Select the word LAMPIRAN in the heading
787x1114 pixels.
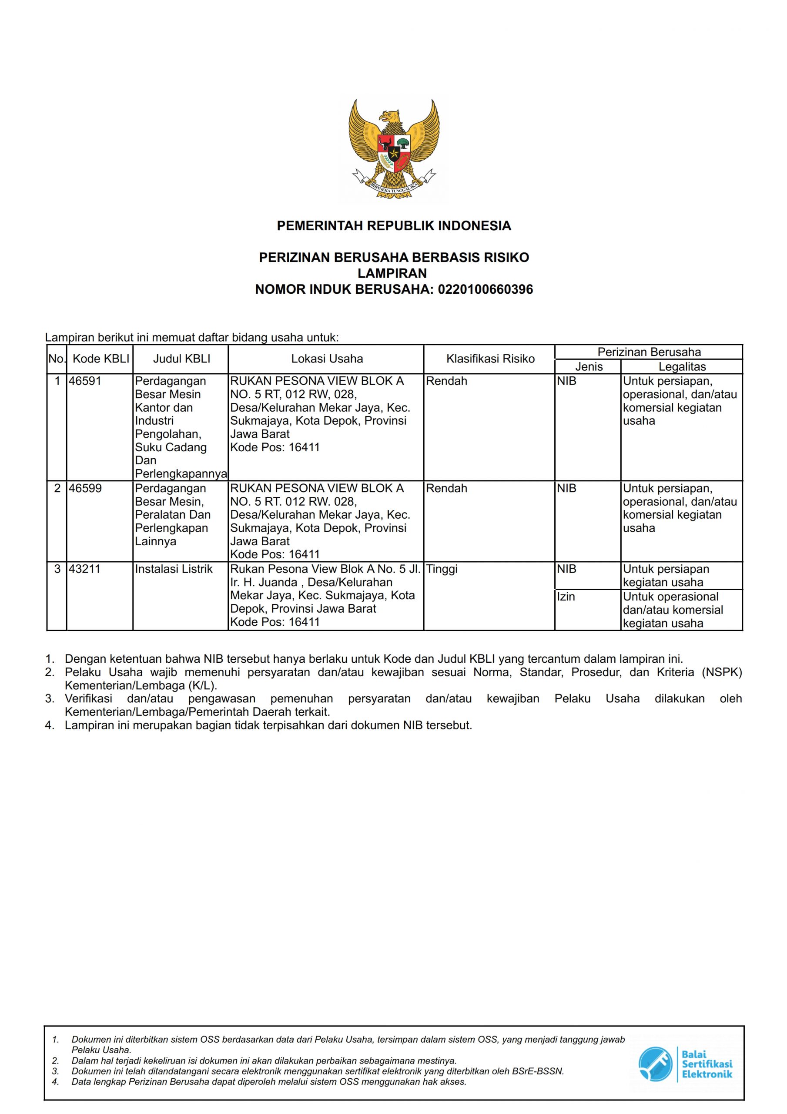392,274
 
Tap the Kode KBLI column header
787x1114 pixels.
100,359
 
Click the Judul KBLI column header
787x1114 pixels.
181,359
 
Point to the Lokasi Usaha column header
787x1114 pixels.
327,359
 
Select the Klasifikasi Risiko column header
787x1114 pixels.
490,359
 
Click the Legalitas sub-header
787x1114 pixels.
682,367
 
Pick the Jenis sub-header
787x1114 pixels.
589,367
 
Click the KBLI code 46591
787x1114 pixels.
85,381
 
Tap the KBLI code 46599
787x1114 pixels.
85,488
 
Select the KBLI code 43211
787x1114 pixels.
85,569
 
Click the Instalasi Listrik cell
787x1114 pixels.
174,569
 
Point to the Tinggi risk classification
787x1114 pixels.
442,569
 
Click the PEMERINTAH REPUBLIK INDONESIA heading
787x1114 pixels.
393,225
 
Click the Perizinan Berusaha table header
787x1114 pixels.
649,352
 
